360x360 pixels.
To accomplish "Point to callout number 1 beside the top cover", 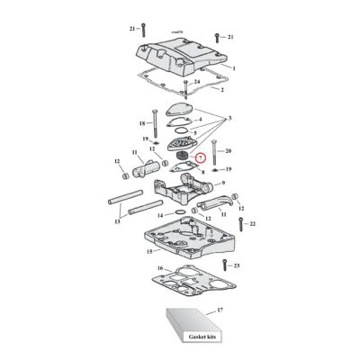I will click(x=234, y=68).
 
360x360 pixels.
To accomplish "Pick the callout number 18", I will click(x=140, y=122).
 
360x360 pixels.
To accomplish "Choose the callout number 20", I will click(x=229, y=150).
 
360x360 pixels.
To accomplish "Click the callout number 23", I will click(x=238, y=267).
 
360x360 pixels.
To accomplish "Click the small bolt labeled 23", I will click(x=223, y=267).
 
